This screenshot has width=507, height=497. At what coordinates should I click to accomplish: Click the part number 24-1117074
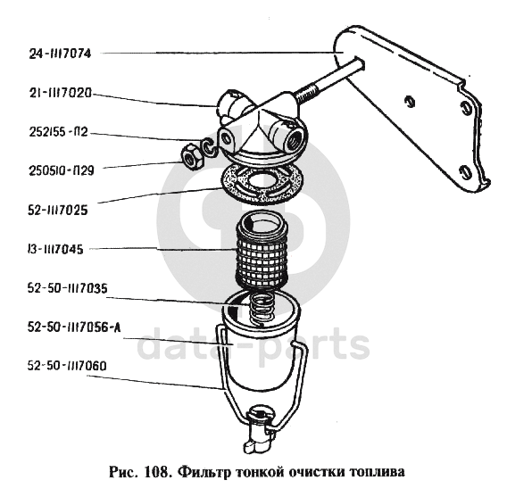[60, 54]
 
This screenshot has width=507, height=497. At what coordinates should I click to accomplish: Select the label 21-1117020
[61, 93]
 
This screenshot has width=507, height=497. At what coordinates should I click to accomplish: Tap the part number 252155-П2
[59, 132]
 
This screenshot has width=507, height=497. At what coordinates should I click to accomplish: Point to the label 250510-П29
[62, 170]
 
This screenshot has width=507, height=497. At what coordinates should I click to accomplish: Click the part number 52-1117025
[58, 211]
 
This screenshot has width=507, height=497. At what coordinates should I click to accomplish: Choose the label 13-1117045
[55, 250]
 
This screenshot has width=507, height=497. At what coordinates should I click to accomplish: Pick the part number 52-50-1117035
[67, 288]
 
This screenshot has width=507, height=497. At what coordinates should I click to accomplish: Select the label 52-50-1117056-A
[74, 327]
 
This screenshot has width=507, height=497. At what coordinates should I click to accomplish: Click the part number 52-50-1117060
[67, 366]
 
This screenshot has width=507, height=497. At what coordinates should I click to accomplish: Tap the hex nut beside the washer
[191, 157]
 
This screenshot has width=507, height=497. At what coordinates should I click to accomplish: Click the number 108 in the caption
[157, 472]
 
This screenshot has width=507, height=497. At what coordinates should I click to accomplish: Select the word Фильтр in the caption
[205, 473]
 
